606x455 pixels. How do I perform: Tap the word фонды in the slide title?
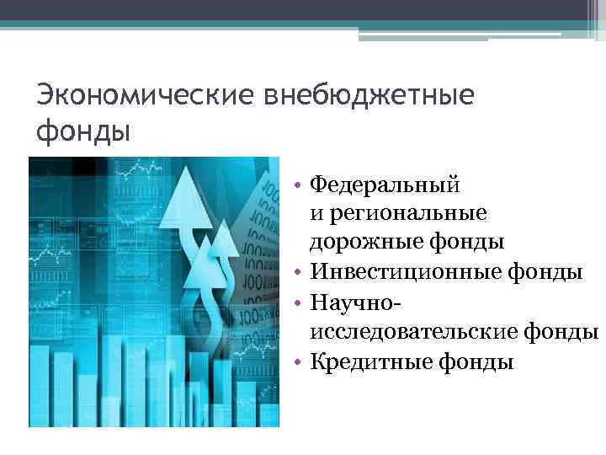[83, 131]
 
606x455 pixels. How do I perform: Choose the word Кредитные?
[370, 362]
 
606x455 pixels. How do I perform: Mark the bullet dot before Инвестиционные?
[299, 274]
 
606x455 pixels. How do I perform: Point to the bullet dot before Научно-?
[299, 303]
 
